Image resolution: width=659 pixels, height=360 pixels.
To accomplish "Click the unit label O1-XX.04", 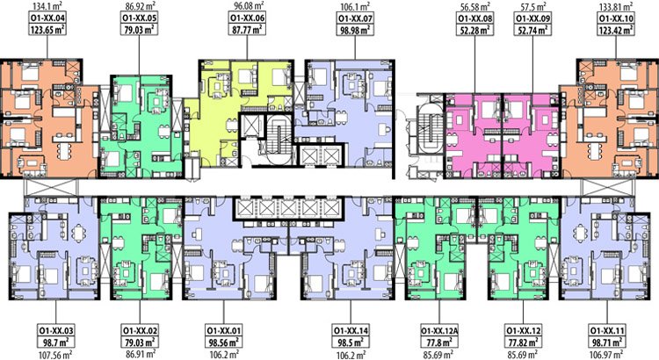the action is pos(47,18).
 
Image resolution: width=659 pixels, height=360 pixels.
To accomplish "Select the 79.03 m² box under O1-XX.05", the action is pos(139,29).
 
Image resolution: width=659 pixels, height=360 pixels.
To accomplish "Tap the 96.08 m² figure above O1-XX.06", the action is pos(249,6).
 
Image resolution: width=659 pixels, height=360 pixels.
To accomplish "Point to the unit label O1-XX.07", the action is pos(355,18).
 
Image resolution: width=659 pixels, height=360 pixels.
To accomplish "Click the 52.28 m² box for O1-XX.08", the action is pos(474,29).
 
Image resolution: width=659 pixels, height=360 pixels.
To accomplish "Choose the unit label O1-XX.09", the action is pos(533,18).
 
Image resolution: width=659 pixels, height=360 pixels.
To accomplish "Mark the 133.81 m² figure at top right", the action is pos(617,6).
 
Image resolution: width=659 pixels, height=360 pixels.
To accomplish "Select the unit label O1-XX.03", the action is pos(56,330).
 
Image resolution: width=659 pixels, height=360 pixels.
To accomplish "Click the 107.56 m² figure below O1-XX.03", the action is pos(55,355).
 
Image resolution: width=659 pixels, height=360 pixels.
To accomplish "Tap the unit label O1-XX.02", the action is pos(140,330).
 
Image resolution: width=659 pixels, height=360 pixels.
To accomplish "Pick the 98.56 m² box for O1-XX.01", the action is pos(224,342).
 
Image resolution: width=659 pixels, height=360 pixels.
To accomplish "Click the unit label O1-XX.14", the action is pos(351,330).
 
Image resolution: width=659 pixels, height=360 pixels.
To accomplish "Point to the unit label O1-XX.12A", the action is pos(439,330).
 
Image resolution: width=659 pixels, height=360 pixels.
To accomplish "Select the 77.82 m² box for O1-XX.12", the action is pos(524,342).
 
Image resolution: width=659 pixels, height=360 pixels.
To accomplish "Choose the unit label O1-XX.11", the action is pos(607,330).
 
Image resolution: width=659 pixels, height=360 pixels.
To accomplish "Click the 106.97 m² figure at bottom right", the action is pos(607,355).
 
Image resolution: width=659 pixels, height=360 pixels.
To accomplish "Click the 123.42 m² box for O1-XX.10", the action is pos(617,29).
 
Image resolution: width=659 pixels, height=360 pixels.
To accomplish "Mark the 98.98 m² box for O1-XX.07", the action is pos(355,29).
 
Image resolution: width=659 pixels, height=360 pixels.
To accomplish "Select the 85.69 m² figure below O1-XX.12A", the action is pos(438,355).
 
